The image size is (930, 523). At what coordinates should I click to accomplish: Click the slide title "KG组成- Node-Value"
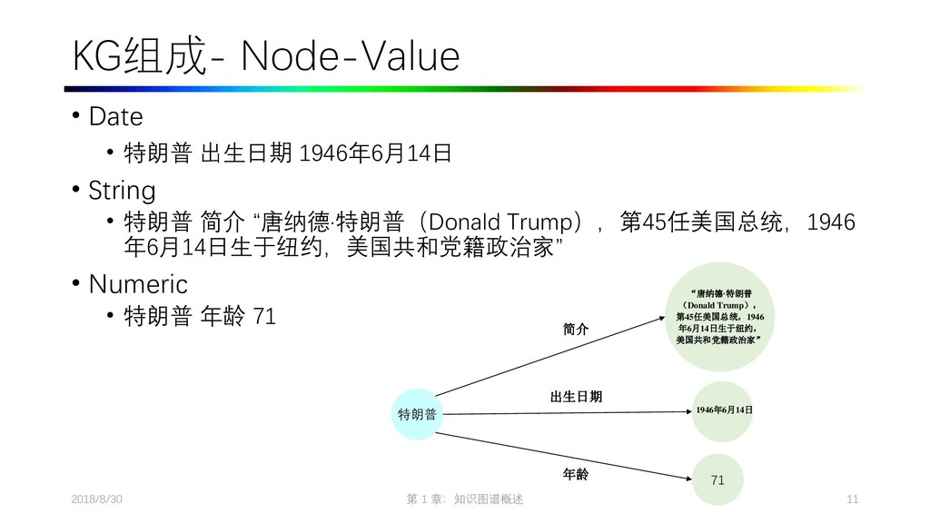[x=266, y=58]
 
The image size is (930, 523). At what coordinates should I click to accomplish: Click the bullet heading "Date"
[x=115, y=117]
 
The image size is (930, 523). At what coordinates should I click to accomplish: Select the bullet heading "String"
[x=122, y=191]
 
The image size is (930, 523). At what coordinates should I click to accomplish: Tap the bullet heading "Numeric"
[x=137, y=284]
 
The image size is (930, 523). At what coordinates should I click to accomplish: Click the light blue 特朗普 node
[x=417, y=415]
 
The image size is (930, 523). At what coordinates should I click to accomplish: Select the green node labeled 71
[x=717, y=479]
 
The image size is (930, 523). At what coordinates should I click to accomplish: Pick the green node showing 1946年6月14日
[x=724, y=410]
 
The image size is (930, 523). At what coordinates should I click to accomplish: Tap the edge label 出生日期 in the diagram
[x=576, y=397]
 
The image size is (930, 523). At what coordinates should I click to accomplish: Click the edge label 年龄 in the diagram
[x=576, y=473]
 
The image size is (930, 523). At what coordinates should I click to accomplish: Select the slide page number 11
[x=852, y=500]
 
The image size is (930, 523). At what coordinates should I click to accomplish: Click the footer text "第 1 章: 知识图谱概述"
[x=465, y=500]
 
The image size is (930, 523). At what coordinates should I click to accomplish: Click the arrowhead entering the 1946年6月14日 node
[x=689, y=411]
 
